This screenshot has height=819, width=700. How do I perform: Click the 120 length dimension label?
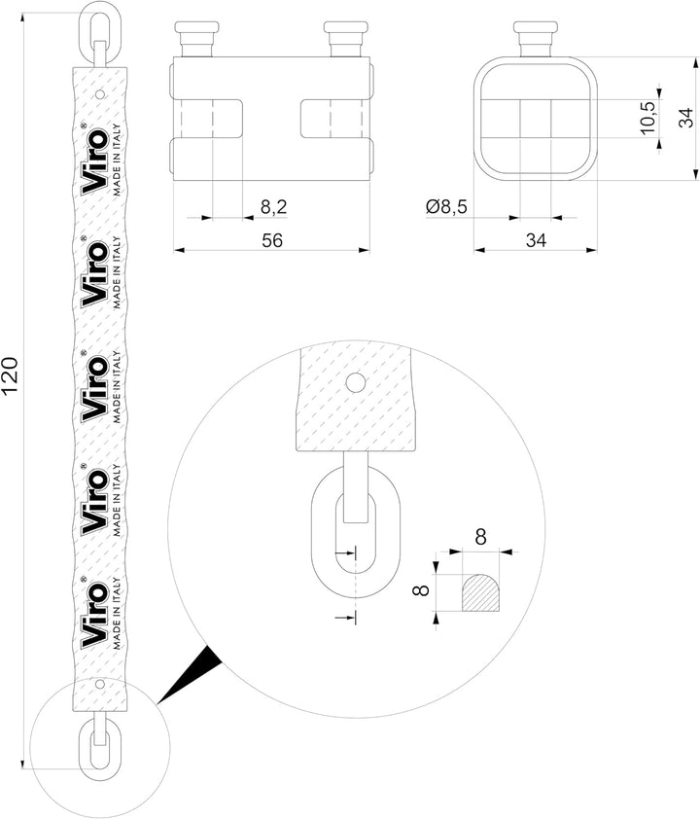point(12,375)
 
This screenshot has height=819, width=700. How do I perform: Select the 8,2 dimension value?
point(273,207)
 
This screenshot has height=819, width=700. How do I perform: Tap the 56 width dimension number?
point(272,241)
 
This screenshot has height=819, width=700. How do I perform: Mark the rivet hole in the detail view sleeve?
point(355,381)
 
